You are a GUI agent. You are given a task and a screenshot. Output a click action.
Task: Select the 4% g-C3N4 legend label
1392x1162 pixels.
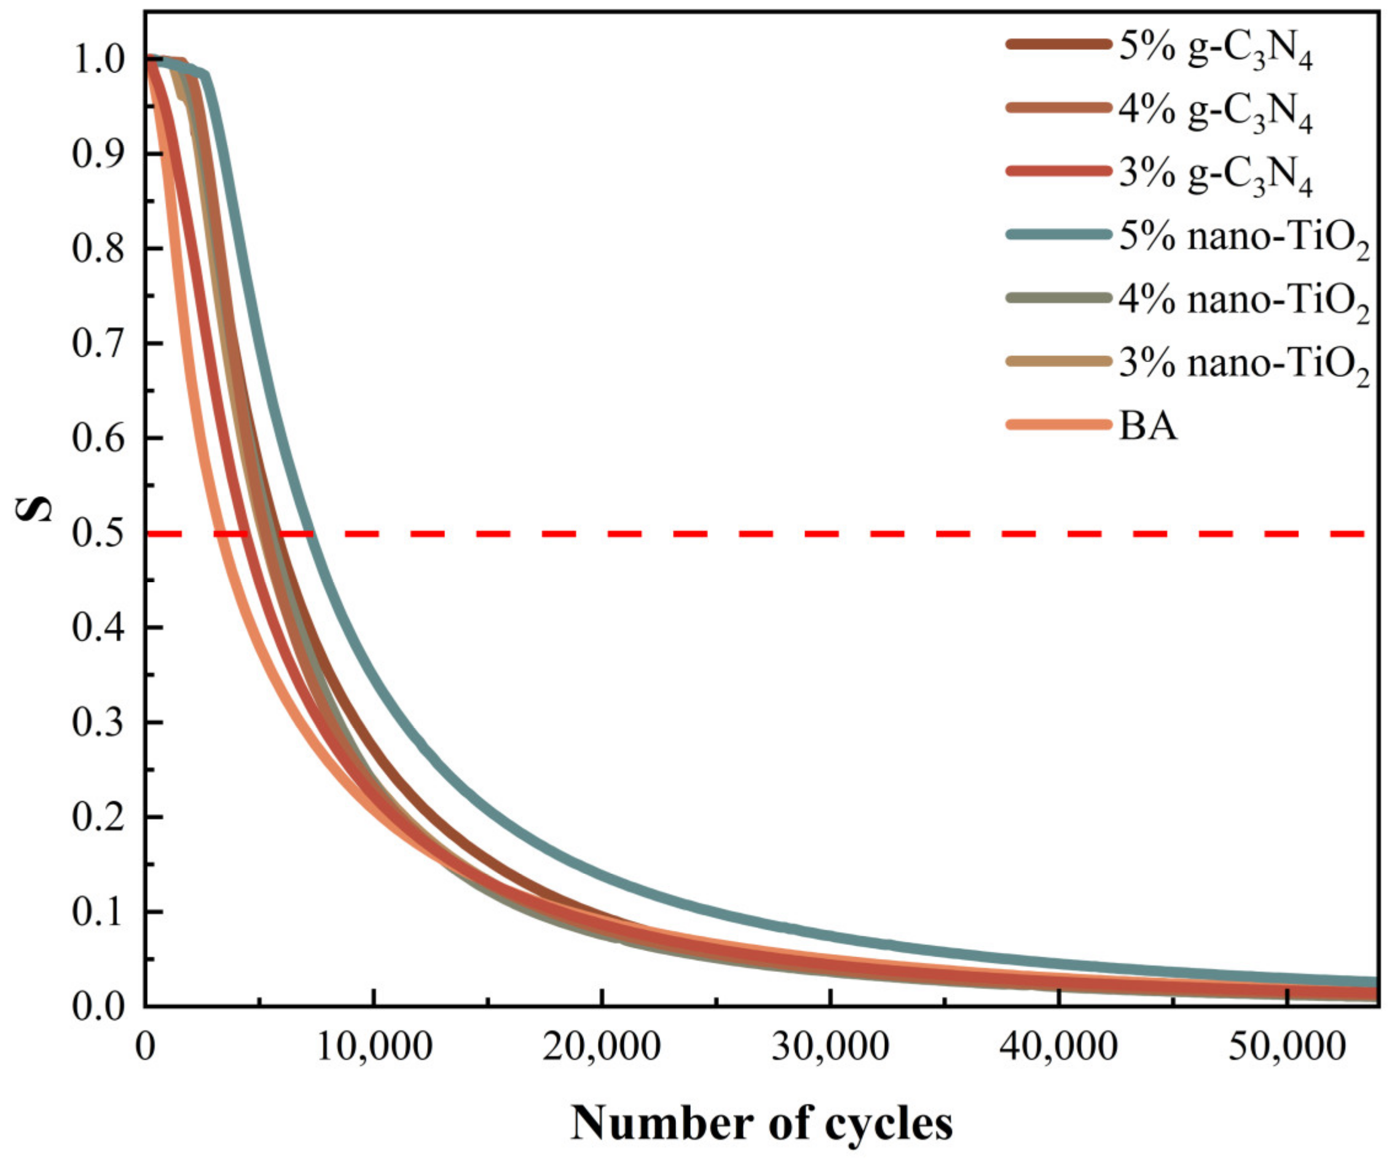(1215, 112)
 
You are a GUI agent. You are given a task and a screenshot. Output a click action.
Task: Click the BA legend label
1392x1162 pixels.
(1148, 426)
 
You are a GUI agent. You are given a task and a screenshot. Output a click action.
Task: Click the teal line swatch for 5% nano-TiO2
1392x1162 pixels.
(1058, 234)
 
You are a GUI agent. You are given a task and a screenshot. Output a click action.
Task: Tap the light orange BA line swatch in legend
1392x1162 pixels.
(1058, 424)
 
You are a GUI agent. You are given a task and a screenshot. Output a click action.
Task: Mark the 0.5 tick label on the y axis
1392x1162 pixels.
(98, 533)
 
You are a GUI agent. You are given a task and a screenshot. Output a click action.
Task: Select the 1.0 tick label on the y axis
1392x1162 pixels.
(98, 60)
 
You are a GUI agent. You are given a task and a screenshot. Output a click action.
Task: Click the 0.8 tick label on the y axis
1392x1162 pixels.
(98, 249)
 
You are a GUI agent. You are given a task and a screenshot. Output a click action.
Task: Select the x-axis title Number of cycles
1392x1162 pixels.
(761, 1122)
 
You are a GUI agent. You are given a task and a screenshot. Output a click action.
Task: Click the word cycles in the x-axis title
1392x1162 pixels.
(888, 1123)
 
